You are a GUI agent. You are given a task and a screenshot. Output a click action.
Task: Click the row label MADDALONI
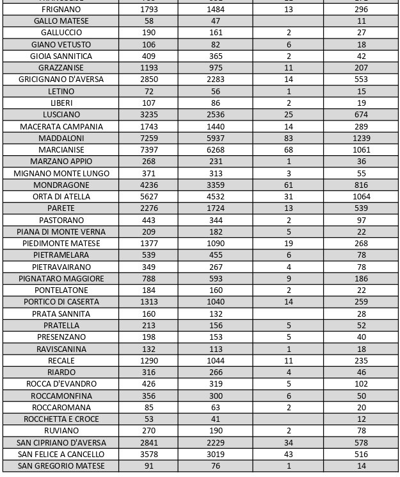point(61,138)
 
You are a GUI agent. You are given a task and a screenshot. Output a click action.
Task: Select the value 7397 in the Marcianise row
point(149,149)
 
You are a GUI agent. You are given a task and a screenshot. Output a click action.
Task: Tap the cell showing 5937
point(216,138)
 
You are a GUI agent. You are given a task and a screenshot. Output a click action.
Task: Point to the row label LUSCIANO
point(61,115)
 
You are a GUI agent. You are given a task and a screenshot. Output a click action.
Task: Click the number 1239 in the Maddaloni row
point(362,138)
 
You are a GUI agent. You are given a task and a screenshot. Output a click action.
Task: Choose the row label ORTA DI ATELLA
point(61,197)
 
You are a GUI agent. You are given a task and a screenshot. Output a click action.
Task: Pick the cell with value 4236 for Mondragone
point(149,185)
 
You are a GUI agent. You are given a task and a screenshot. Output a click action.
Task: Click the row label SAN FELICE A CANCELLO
point(61,454)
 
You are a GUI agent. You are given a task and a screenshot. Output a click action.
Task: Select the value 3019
point(216,454)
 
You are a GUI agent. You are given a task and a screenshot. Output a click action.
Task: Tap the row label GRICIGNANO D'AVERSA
point(61,79)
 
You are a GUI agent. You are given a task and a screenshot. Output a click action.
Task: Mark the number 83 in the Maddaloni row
point(289,138)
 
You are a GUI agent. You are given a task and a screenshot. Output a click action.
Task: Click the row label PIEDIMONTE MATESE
point(61,244)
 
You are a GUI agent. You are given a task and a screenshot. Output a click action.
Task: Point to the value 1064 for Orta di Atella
point(362,197)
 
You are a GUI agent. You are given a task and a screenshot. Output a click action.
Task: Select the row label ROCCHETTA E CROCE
point(61,419)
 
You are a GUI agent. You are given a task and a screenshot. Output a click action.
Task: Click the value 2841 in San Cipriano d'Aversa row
point(149,442)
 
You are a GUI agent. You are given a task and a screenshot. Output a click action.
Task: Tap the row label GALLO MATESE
point(61,21)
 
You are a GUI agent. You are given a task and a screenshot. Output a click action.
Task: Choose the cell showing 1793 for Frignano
point(149,10)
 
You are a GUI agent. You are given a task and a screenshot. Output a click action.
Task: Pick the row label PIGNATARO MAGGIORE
point(61,279)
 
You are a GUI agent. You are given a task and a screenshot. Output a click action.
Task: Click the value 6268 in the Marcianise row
point(216,149)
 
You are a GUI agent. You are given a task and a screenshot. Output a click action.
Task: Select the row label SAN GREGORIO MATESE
point(61,466)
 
